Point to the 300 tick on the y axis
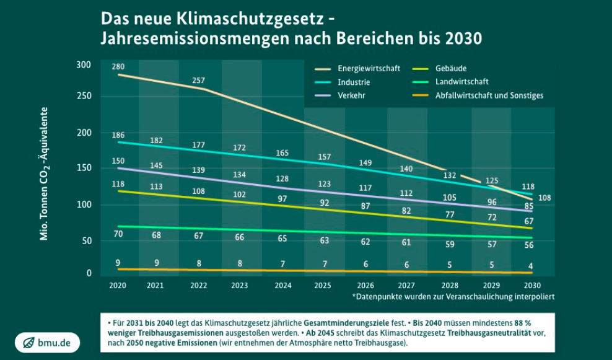[x=84, y=64]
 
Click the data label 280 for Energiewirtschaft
[x=119, y=66]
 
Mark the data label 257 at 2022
[x=199, y=81]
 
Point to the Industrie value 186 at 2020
[x=119, y=134]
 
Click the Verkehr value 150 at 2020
[x=119, y=160]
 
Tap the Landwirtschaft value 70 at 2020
[x=118, y=234]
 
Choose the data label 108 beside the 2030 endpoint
[x=545, y=198]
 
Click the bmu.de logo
[x=48, y=343]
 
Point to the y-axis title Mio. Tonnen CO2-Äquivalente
[x=45, y=173]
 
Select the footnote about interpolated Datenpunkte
[x=453, y=297]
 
